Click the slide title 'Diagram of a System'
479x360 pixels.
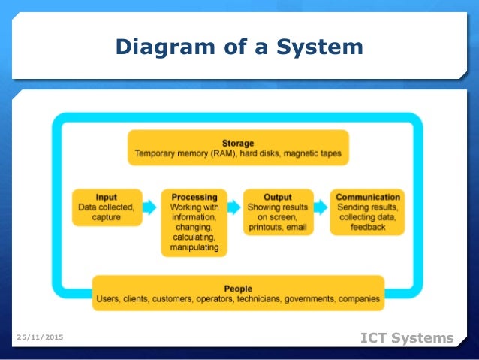[x=239, y=47]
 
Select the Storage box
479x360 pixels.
[x=238, y=148]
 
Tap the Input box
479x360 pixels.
[x=106, y=207]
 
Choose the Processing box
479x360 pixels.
[x=194, y=222]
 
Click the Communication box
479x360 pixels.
[x=367, y=211]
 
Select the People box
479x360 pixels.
[x=238, y=293]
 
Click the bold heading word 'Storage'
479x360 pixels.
[x=238, y=143]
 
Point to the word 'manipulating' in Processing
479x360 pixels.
[x=194, y=246]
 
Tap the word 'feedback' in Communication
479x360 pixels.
[x=367, y=226]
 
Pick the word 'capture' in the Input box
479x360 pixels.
[x=106, y=216]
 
